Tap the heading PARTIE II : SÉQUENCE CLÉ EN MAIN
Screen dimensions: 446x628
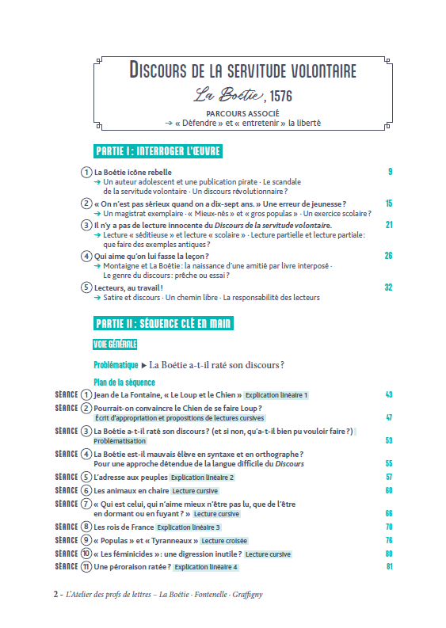(x=163, y=323)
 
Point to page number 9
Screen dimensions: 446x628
(x=390, y=171)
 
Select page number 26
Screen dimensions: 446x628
(x=388, y=255)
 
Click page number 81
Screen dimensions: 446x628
(x=389, y=566)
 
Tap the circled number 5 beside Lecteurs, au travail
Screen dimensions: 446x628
(x=86, y=287)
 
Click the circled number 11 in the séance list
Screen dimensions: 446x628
(x=86, y=566)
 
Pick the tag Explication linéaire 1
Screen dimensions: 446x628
(x=276, y=394)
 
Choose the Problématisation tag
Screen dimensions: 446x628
(x=120, y=440)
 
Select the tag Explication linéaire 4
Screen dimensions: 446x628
(x=206, y=567)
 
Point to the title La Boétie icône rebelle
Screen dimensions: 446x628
(x=132, y=172)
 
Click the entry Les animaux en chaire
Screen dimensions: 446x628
(x=128, y=490)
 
